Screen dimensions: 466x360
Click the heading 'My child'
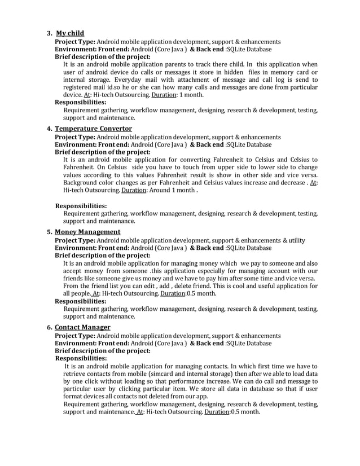[70, 33]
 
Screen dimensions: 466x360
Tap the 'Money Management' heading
[87, 232]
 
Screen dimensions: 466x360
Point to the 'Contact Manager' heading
[82, 327]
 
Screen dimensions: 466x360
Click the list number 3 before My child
[49, 33]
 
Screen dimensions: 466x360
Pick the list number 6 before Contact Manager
[50, 327]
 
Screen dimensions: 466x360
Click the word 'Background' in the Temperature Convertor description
[84, 183]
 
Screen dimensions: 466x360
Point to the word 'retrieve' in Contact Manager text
[77, 373]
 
